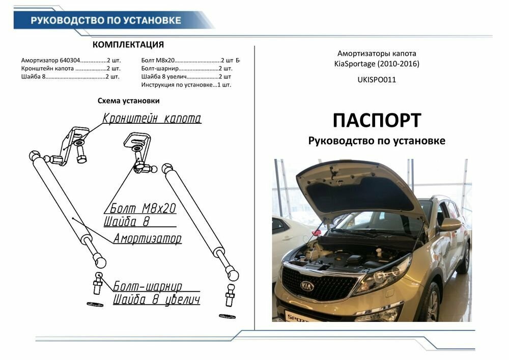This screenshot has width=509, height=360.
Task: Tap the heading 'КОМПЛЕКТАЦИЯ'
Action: (128, 45)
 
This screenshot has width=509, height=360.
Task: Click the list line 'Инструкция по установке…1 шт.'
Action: (186, 85)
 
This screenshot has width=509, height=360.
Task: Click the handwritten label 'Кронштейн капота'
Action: (152, 119)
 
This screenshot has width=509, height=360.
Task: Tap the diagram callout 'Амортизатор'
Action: (147, 238)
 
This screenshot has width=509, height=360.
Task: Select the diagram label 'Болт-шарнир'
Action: (147, 286)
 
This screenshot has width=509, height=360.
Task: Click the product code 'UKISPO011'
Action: (377, 79)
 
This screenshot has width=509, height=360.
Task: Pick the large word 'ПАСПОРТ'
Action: (377, 120)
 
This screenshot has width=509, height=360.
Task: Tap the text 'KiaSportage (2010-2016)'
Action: (377, 64)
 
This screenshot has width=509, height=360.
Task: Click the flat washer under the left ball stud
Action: (95, 304)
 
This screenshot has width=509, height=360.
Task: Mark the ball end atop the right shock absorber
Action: (167, 168)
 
